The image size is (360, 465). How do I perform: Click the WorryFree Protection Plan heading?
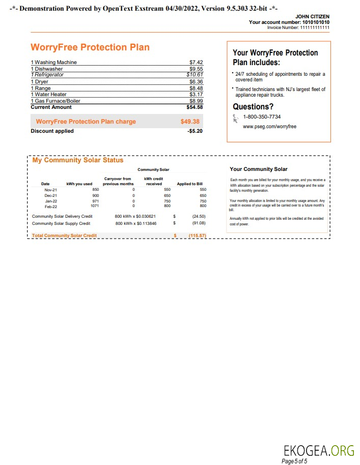click(90, 47)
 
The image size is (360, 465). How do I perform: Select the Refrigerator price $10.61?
click(196, 74)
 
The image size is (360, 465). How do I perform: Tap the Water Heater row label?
click(49, 94)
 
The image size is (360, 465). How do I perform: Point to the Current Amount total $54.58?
click(195, 107)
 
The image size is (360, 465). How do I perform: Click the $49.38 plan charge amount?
click(190, 122)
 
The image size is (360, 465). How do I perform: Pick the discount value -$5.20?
click(195, 131)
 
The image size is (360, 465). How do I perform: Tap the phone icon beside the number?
click(235, 119)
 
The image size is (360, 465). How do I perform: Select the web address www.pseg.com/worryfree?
click(269, 126)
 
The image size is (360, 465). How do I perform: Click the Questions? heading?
click(253, 107)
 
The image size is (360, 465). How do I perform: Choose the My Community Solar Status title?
click(78, 160)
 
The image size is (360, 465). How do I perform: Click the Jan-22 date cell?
click(51, 201)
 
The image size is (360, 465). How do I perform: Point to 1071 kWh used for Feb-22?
click(93, 206)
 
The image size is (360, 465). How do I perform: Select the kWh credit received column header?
click(153, 181)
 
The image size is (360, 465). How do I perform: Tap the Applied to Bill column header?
click(190, 184)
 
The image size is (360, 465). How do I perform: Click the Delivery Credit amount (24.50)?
click(199, 216)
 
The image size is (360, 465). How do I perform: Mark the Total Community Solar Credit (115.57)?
click(197, 236)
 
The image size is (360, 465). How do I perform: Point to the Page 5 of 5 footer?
click(294, 461)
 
